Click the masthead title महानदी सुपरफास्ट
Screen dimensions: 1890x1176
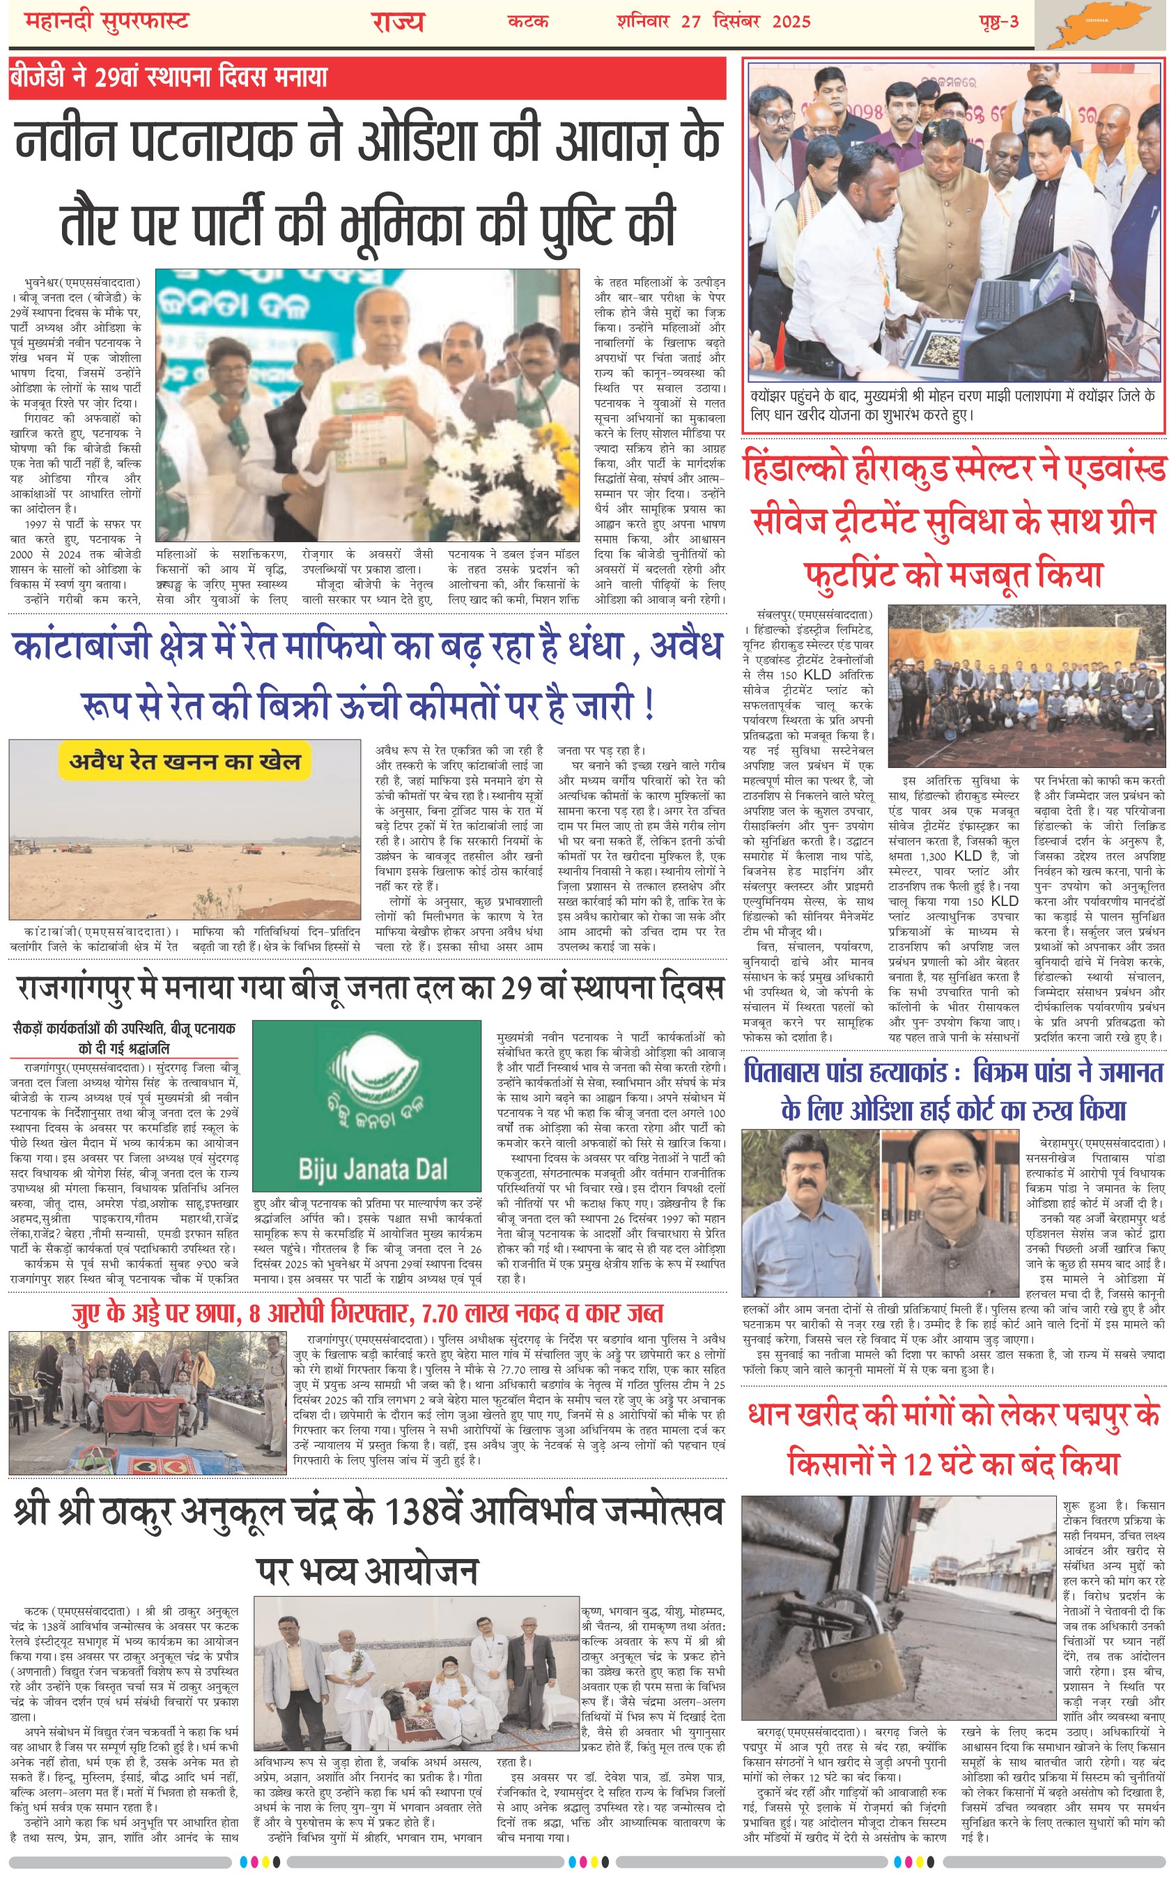[x=107, y=21]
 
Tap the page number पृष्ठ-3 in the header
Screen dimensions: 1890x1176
[x=998, y=21]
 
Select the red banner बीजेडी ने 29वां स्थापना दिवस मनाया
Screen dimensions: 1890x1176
[x=169, y=77]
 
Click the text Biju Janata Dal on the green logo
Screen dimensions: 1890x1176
[x=373, y=1168]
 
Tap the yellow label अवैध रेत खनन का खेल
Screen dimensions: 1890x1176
[x=185, y=762]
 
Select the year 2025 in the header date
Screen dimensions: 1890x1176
[x=791, y=21]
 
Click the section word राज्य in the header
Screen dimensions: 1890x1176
[x=397, y=22]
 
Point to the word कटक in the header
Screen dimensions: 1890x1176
[x=528, y=22]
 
